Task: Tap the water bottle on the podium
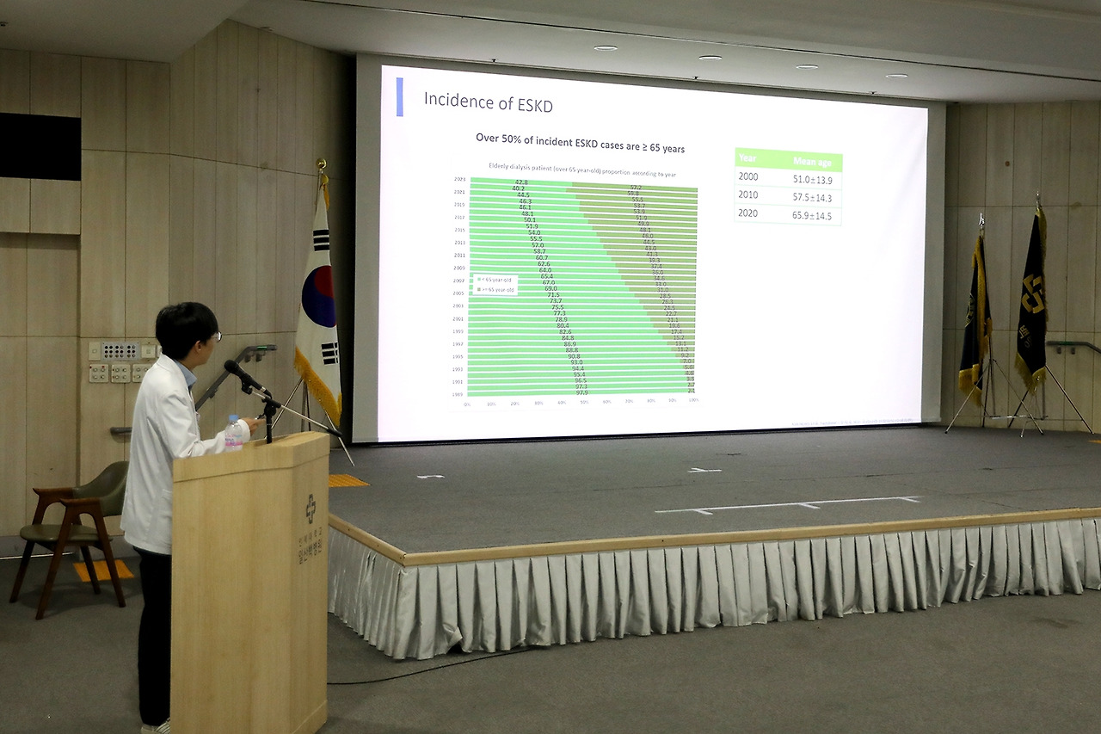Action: coord(233,433)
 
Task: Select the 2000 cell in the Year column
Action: coord(748,176)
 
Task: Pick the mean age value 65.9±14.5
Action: coord(811,215)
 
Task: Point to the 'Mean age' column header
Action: coord(811,162)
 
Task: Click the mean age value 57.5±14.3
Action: coord(811,196)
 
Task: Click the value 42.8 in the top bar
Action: coord(521,182)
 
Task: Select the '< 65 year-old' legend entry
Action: coord(496,281)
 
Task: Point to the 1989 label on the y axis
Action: coord(459,394)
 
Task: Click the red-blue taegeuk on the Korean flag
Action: coord(319,295)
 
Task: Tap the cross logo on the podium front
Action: coord(311,509)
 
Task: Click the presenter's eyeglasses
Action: coord(215,336)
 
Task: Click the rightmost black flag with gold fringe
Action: coord(1030,301)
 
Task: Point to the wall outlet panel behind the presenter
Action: coord(120,351)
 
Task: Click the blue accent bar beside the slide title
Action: coord(399,96)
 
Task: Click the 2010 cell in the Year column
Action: coord(748,195)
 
